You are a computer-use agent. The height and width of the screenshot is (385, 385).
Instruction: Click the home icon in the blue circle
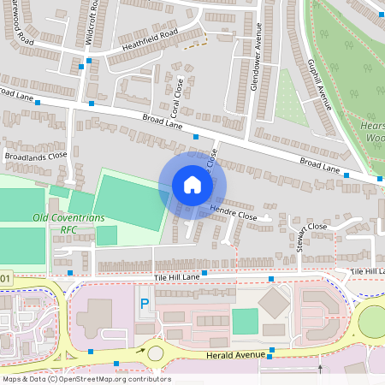[x=192, y=185]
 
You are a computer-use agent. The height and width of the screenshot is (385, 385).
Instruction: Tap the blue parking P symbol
[x=145, y=304]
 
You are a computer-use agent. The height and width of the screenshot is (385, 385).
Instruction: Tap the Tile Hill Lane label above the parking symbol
[x=177, y=277]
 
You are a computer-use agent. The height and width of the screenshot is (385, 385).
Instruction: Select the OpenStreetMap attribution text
[x=86, y=379]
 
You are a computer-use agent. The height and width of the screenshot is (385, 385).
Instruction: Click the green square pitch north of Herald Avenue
[x=245, y=321]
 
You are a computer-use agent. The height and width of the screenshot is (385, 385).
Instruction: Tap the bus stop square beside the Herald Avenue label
[x=272, y=350]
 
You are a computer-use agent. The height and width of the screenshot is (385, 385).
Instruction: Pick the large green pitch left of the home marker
[x=131, y=199]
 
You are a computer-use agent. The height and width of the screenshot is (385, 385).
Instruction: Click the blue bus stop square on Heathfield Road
[x=81, y=65]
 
